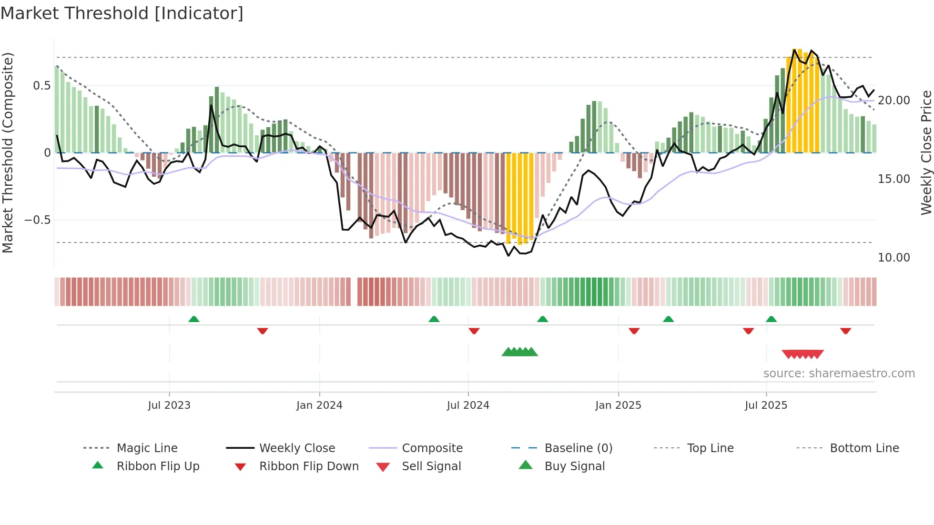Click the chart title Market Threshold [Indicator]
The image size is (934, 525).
pyautogui.click(x=122, y=13)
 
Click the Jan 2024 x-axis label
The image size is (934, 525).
pyautogui.click(x=319, y=405)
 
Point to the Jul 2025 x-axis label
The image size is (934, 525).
pyautogui.click(x=766, y=405)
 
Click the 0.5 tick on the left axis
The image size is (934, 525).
pyautogui.click(x=41, y=86)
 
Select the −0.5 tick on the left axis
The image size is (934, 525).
pyautogui.click(x=38, y=220)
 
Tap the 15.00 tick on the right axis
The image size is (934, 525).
pyautogui.click(x=893, y=179)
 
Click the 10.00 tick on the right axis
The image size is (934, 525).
pyautogui.click(x=893, y=258)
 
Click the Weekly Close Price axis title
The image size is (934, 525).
pyautogui.click(x=926, y=152)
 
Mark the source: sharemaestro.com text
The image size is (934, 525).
pyautogui.click(x=839, y=373)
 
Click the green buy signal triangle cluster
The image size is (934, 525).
pyautogui.click(x=519, y=352)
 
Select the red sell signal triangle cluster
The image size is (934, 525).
pyautogui.click(x=802, y=354)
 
